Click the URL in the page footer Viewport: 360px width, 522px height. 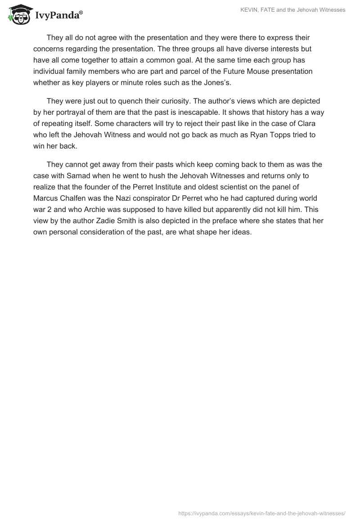click(262, 513)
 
